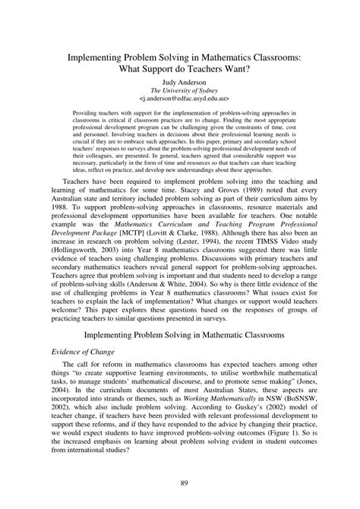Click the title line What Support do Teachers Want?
click(179, 68)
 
